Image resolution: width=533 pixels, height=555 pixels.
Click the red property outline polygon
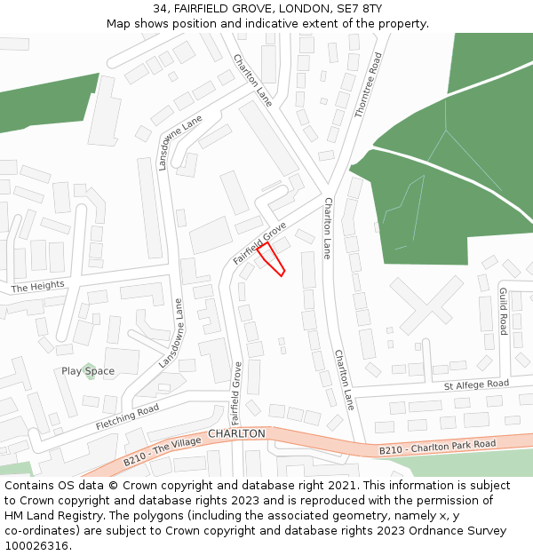(x=272, y=258)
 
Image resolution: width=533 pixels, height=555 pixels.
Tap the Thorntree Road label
(x=368, y=85)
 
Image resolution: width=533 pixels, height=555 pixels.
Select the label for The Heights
(x=38, y=286)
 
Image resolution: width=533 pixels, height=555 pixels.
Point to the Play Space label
(x=88, y=371)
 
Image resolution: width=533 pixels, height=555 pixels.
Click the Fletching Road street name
(x=127, y=416)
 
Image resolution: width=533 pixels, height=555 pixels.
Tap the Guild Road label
(x=504, y=311)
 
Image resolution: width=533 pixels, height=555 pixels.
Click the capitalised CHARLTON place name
(x=236, y=433)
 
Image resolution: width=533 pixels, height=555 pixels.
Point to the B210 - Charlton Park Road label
(x=437, y=447)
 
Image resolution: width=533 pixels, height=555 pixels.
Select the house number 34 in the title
(x=160, y=8)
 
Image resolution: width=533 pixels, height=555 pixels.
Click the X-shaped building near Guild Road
(x=426, y=305)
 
